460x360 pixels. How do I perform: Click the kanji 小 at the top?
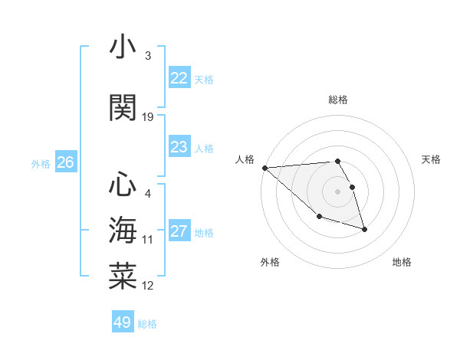tap(123, 47)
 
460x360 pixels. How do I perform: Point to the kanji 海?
tap(123, 230)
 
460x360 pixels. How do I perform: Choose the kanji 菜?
tap(123, 275)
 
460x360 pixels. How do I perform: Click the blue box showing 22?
tap(179, 78)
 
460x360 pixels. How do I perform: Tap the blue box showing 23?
tap(179, 147)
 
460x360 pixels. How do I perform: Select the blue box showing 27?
tap(179, 232)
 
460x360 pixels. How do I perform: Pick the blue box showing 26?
tap(65, 162)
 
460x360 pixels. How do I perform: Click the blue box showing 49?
tap(123, 322)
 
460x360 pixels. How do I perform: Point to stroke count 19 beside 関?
tap(148, 117)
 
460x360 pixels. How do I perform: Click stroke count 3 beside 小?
tap(147, 56)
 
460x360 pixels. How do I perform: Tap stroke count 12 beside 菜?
tap(148, 286)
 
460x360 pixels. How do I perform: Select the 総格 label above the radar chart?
tap(337, 100)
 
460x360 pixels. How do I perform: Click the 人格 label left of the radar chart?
tap(245, 159)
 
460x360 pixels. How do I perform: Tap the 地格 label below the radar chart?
tap(402, 262)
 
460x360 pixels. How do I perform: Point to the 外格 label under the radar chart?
tap(270, 262)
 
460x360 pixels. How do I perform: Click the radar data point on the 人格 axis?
tap(264, 168)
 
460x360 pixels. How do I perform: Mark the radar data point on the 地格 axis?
tap(364, 229)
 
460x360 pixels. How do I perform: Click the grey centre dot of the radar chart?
tap(337, 191)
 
